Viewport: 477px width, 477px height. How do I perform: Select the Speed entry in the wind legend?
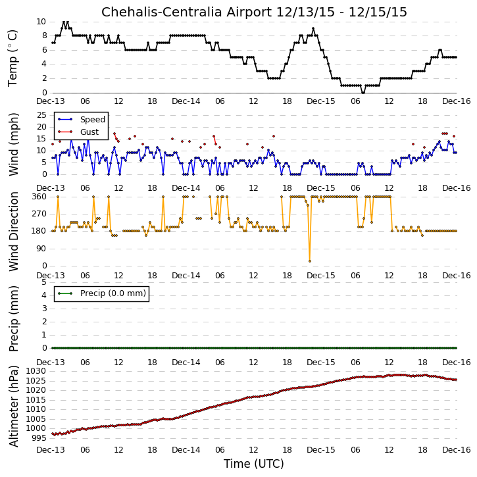[93, 120]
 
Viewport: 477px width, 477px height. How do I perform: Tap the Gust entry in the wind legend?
[89, 132]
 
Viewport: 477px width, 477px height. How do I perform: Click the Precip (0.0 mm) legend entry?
[113, 293]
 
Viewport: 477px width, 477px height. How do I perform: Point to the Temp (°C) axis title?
[13, 58]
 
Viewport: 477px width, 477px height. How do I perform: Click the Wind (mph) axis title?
[13, 145]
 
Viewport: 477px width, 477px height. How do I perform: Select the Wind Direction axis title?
[13, 232]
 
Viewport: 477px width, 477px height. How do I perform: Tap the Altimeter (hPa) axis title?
[13, 406]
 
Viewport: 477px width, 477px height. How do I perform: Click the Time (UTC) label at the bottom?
[254, 464]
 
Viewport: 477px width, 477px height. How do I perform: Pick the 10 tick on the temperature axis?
[41, 22]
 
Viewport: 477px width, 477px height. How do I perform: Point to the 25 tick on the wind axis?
[41, 115]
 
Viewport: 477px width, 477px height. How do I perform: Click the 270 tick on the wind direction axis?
[39, 214]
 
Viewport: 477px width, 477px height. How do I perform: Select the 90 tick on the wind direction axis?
[41, 249]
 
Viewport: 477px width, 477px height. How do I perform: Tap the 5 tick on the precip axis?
[44, 282]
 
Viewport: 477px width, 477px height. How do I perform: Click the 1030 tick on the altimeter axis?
[36, 371]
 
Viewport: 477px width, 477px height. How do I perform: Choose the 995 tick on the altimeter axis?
[39, 438]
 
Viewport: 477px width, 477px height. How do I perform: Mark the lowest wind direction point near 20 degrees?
[310, 261]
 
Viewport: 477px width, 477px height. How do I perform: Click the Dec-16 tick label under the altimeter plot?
[457, 449]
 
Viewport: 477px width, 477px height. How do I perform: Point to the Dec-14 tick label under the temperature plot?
[186, 101]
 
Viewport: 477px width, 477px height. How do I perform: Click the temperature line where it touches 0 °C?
[363, 93]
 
